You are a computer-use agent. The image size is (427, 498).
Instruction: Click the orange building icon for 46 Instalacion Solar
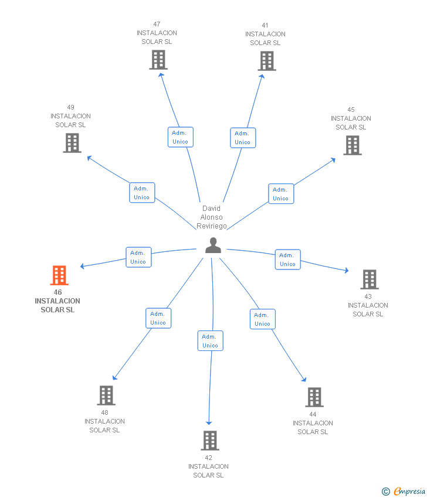click(x=59, y=275)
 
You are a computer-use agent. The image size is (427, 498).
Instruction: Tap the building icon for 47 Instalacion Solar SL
click(x=158, y=60)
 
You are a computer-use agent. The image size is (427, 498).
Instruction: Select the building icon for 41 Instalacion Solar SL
click(x=267, y=61)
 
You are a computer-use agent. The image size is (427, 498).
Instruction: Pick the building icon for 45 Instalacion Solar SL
click(x=352, y=145)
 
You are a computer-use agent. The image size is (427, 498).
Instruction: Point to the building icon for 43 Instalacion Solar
click(x=370, y=279)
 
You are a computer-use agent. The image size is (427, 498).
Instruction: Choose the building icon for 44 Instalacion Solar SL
click(x=314, y=397)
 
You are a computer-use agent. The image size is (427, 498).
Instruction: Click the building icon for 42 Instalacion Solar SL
click(x=210, y=441)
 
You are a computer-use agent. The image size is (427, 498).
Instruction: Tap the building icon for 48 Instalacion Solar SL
click(x=106, y=395)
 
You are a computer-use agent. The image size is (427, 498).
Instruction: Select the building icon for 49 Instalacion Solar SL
click(x=72, y=143)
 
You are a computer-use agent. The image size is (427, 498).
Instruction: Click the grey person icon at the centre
click(x=213, y=245)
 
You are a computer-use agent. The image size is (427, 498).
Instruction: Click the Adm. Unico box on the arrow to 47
click(x=180, y=137)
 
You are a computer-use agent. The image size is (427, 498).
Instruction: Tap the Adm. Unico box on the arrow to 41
click(x=243, y=138)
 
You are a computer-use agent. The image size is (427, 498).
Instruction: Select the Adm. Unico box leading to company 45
click(x=281, y=194)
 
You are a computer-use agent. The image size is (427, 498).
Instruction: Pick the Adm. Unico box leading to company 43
click(x=287, y=260)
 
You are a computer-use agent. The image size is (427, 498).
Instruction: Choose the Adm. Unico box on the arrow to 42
click(x=210, y=341)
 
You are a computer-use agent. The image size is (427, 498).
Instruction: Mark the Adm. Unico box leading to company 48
click(x=158, y=318)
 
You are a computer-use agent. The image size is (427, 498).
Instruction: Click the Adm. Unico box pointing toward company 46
click(x=138, y=257)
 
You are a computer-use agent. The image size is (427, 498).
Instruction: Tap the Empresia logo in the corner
click(x=404, y=491)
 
